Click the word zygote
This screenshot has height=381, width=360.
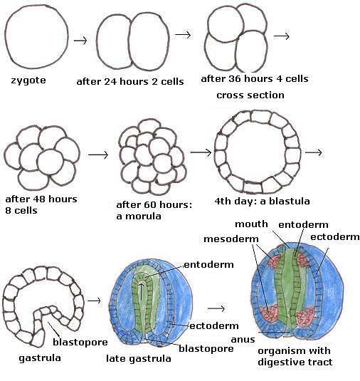pos(28,80)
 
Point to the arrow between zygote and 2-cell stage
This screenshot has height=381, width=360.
pos(80,39)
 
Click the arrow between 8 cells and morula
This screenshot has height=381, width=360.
pos(99,154)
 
